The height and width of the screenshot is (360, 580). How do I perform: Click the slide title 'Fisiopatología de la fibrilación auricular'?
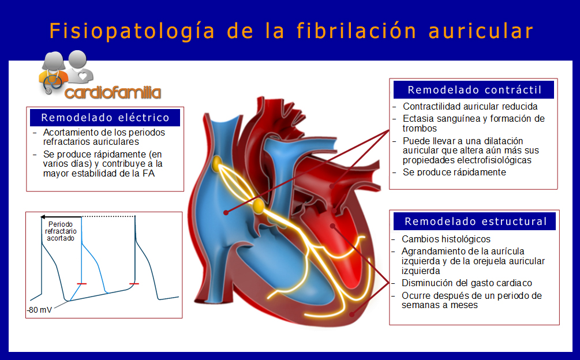point(291,31)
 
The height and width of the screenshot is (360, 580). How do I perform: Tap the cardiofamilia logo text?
point(113,92)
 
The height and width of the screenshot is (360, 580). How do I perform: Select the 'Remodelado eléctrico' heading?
point(105,118)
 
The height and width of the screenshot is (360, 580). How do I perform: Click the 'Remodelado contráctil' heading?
point(474,90)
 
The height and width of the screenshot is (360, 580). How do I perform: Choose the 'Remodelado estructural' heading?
point(476,222)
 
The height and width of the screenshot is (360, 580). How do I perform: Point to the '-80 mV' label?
point(40,310)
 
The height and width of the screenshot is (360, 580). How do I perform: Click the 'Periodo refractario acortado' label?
point(61,231)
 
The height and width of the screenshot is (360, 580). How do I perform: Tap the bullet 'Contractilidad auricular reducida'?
point(470,107)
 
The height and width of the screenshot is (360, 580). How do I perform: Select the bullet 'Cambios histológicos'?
point(446,239)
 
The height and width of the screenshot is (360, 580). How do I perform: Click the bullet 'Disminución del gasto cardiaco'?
point(467,283)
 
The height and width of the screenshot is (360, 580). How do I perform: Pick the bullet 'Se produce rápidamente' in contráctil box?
point(454,172)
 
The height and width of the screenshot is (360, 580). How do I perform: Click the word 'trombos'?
point(420,128)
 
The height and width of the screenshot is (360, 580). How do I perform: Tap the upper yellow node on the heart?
point(217,164)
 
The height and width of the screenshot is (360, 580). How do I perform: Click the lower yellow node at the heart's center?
point(259,206)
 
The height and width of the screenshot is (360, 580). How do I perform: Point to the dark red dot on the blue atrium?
point(226,212)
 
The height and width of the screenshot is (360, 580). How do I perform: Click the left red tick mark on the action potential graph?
point(82,284)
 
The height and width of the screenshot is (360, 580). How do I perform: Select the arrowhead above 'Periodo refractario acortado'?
point(43,217)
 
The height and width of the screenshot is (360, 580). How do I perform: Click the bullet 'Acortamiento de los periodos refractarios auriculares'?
point(104,137)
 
